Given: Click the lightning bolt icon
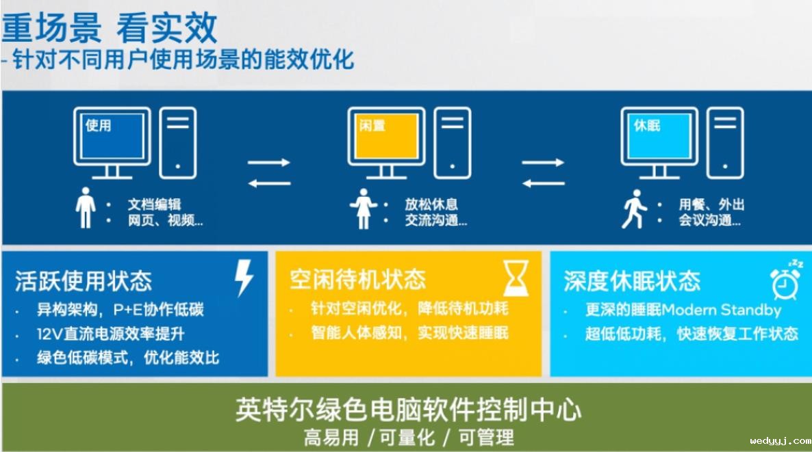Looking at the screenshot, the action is [244, 278].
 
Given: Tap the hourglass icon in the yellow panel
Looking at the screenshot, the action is [516, 278].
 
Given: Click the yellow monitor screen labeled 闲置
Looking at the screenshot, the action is [386, 136].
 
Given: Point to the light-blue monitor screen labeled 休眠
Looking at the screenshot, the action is [659, 136].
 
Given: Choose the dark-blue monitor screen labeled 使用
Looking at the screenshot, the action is [112, 136].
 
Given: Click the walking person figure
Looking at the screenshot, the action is [635, 209].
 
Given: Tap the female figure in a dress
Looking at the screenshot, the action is [364, 209].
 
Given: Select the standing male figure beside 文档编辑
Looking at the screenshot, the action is [86, 208].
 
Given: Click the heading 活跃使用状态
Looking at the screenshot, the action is [84, 281].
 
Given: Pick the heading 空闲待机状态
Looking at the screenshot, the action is [357, 280].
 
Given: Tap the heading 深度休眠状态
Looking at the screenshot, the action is [632, 281].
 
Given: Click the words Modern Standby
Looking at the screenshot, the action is [722, 310].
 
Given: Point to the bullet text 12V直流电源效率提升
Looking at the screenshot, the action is [110, 334].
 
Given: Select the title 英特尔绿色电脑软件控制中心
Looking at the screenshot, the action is [409, 410].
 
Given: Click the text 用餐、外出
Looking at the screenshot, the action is [711, 204].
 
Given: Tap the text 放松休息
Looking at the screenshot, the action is [431, 204].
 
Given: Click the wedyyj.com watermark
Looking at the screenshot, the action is [781, 441].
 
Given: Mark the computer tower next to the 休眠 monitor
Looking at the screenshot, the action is [725, 143].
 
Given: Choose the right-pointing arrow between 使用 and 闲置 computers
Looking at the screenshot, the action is [269, 162].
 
